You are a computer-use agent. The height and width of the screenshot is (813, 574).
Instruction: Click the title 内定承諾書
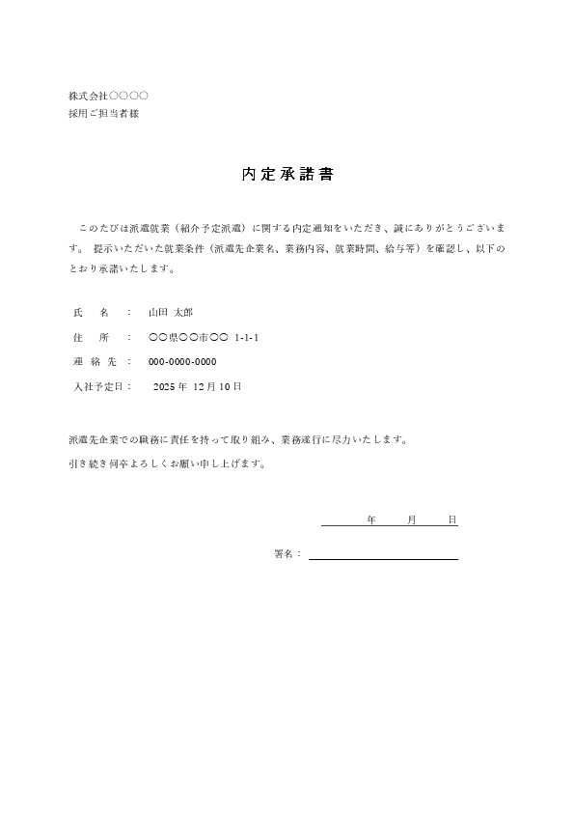[287, 176]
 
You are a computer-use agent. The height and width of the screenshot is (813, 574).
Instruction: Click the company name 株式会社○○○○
[108, 97]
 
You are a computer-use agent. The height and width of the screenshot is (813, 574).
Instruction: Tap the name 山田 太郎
[171, 313]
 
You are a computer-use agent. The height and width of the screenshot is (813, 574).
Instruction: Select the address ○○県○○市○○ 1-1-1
[204, 338]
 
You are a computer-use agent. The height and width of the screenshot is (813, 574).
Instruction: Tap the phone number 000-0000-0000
[182, 362]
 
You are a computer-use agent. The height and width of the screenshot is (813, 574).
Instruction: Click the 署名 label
[287, 554]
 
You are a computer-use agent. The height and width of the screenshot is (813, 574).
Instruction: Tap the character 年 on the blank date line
[371, 520]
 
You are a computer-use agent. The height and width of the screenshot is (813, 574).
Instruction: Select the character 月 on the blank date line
[412, 520]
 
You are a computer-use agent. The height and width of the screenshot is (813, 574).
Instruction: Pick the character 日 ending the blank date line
[452, 520]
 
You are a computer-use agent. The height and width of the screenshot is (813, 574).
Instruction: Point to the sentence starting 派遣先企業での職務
[237, 439]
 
